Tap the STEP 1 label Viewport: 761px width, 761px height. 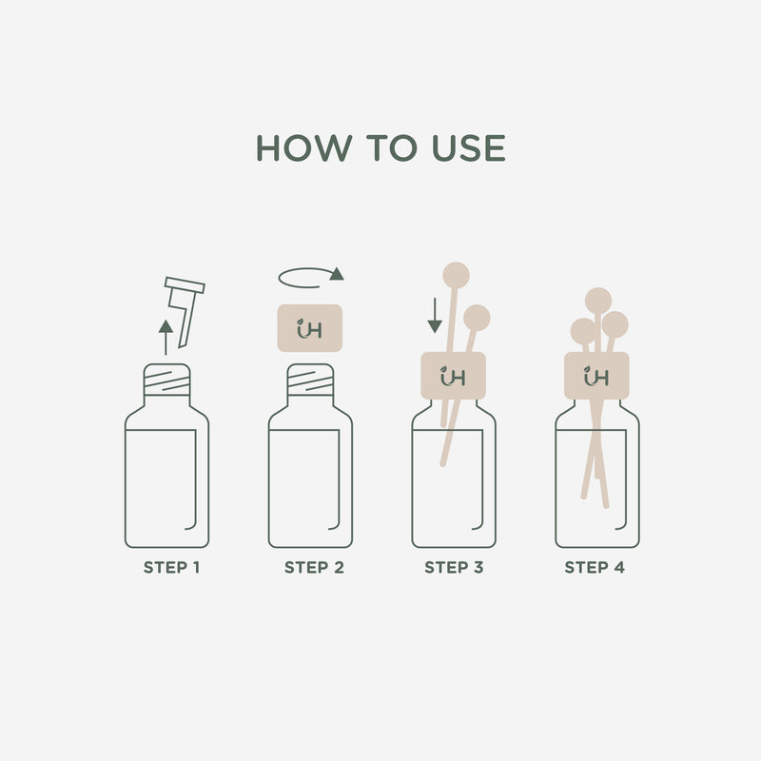(171, 568)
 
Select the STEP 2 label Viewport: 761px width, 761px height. (314, 568)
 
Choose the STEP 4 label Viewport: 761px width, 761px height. (595, 568)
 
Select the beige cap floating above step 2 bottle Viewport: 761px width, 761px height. (309, 328)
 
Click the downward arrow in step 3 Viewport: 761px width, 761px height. (435, 316)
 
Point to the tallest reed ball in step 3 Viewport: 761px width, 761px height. (458, 275)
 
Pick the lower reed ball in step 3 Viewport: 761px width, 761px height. (477, 317)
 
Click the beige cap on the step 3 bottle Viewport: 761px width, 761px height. (453, 377)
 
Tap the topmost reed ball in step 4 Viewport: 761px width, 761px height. (598, 301)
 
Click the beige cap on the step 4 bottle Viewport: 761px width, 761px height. (597, 377)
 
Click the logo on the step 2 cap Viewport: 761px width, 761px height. (309, 329)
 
